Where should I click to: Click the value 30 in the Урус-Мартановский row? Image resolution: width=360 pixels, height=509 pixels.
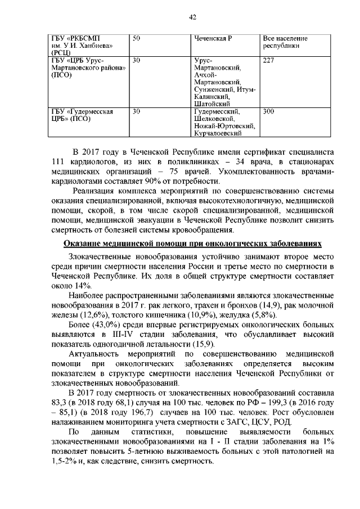pos(137,60)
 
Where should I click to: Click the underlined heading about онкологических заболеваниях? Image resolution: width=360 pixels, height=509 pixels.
pos(192,244)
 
